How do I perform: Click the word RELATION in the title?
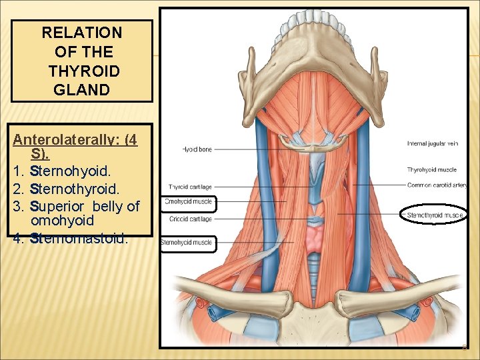[81, 32]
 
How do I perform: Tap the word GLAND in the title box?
[81, 89]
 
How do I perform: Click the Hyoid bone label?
[197, 149]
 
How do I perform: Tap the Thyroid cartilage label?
[190, 187]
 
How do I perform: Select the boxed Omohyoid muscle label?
[189, 202]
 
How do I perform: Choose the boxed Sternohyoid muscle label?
[187, 243]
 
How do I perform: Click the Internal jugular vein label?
[432, 143]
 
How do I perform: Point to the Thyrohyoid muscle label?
[431, 170]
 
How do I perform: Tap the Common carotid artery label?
[436, 185]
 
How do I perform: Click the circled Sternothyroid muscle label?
[435, 215]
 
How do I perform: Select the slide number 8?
[465, 347]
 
